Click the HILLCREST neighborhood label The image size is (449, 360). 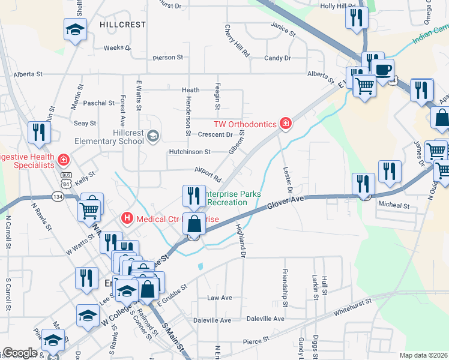123,25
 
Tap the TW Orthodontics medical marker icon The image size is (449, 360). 286,124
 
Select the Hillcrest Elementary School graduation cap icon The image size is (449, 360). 153,136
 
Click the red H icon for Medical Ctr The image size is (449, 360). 127,218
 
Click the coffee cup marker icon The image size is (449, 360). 382,68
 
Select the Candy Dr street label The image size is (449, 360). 277,58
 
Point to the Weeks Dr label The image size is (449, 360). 117,48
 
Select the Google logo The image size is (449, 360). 20,353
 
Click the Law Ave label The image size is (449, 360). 219,298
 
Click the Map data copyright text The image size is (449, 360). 423,355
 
